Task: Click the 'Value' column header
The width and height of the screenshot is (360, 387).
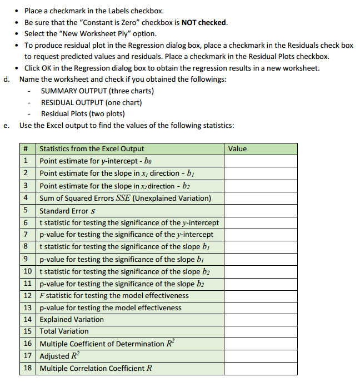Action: [237, 149]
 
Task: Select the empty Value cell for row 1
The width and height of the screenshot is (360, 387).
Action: [261, 161]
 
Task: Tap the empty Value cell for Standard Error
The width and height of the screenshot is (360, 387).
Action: [261, 211]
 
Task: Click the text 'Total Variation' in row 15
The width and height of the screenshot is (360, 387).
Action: [64, 331]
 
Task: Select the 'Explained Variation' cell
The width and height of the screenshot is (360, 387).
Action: [71, 320]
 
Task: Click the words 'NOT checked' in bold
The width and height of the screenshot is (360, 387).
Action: [204, 22]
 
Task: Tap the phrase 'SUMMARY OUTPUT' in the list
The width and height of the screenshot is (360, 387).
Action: [74, 91]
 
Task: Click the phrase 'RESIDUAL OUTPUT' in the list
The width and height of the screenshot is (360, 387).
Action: [74, 102]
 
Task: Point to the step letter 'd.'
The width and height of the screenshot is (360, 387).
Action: [7, 79]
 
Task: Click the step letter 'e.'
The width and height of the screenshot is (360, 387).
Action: [7, 125]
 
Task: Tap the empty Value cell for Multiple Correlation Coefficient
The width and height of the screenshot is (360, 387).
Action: [261, 368]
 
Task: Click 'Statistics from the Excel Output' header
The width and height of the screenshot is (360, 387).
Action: [92, 149]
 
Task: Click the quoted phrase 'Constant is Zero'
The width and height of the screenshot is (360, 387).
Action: [122, 22]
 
